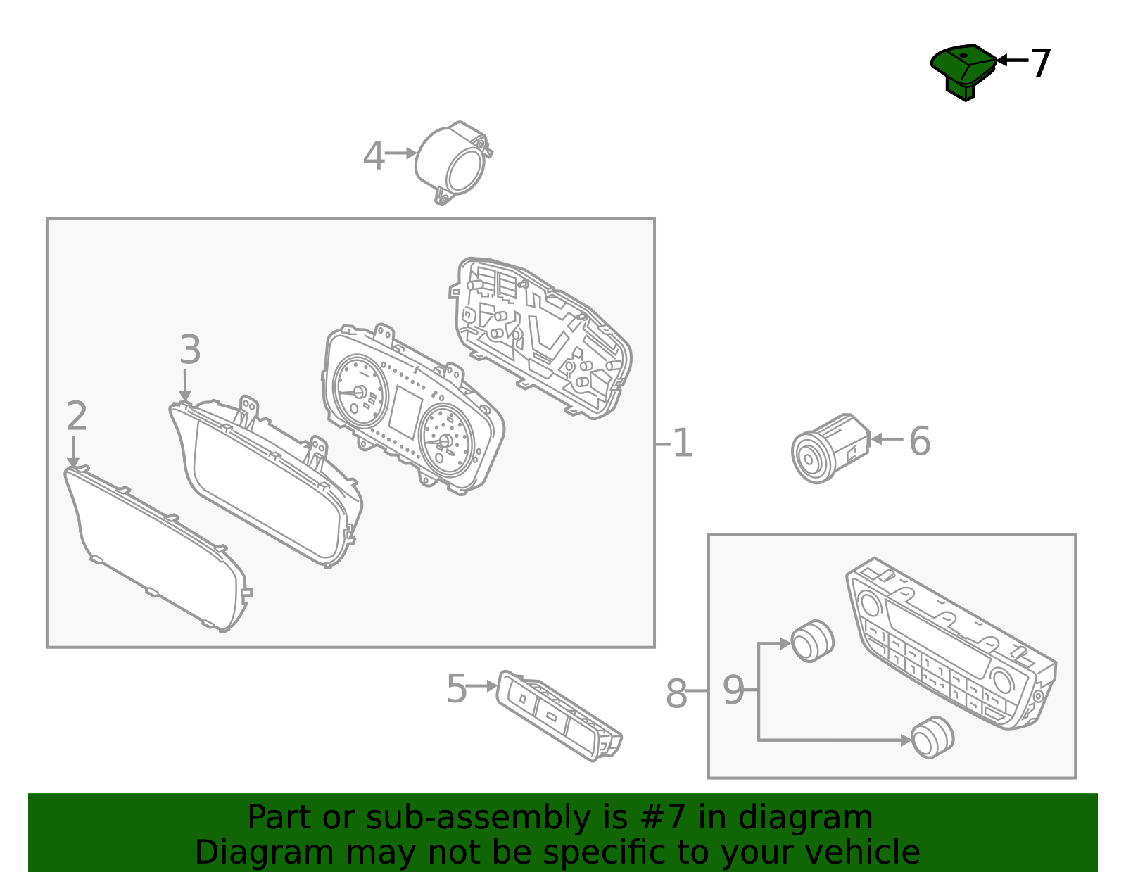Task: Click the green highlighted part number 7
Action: [963, 72]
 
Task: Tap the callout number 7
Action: [1040, 63]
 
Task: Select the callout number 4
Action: [374, 156]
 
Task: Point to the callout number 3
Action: [190, 349]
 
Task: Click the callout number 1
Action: [682, 443]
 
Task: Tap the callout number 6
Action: [920, 441]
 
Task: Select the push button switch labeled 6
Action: [830, 448]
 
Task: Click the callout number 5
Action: [457, 688]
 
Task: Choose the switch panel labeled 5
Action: [559, 716]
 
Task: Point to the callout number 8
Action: [676, 694]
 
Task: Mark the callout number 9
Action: [733, 690]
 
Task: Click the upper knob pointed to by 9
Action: [813, 641]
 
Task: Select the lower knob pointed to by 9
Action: [932, 738]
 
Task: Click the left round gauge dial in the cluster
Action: [360, 391]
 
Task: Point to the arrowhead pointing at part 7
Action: [1003, 60]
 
